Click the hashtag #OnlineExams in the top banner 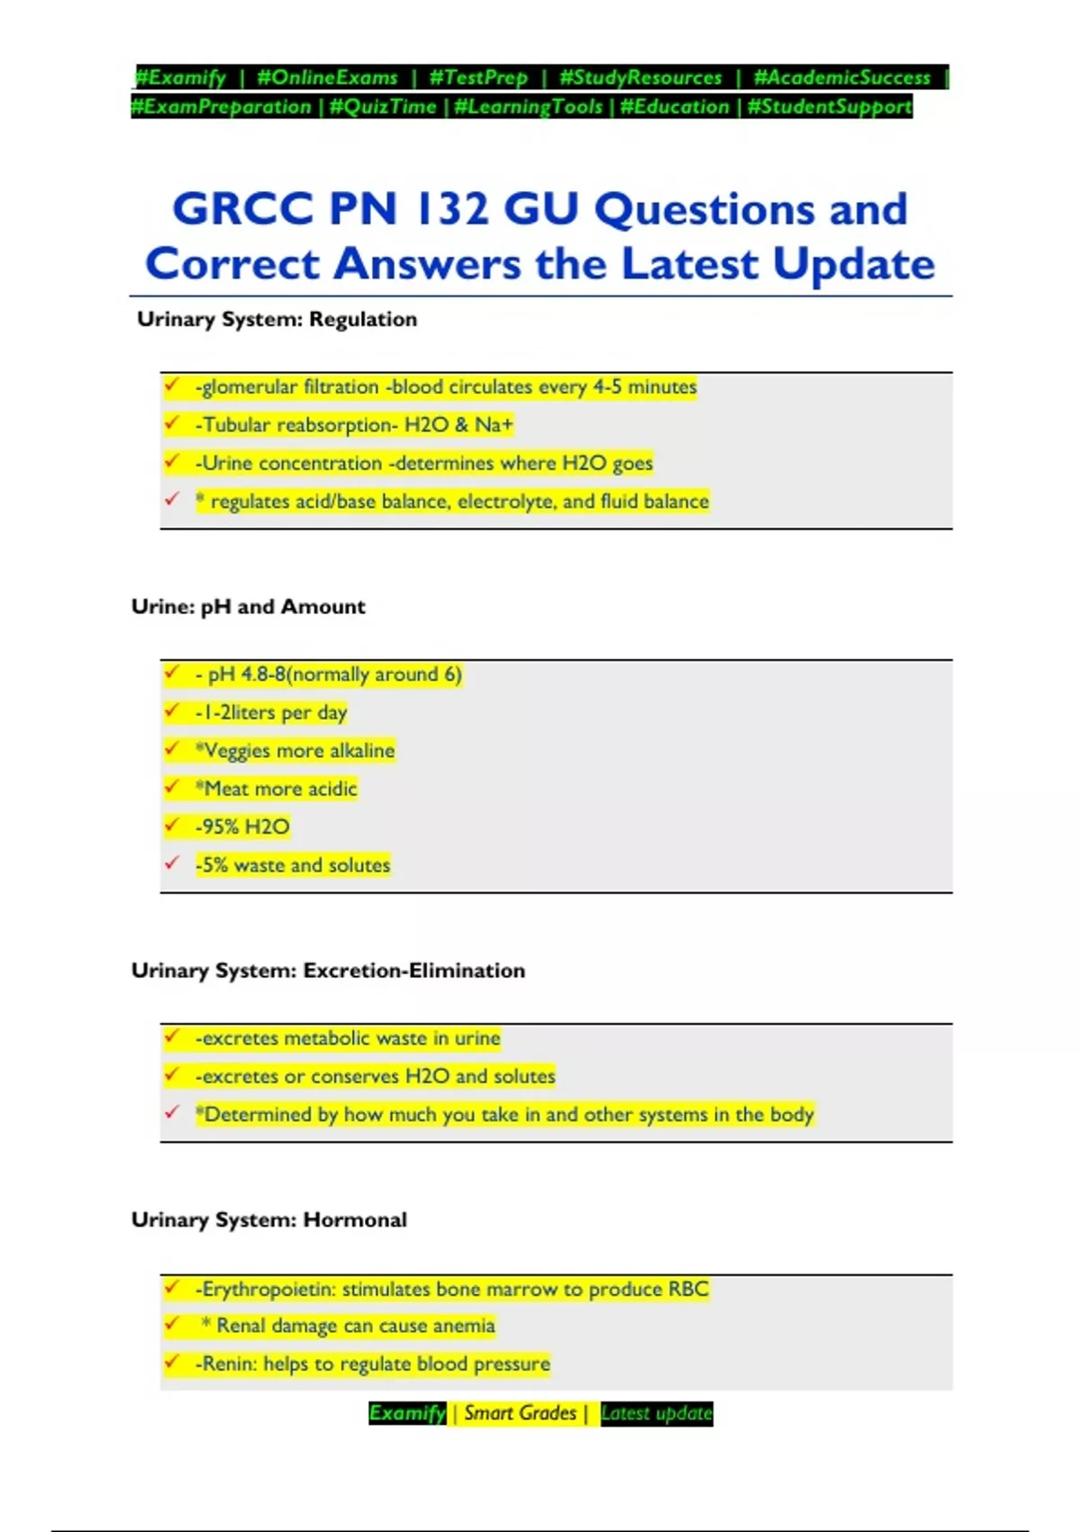pyautogui.click(x=327, y=78)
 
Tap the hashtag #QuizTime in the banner pyautogui.click(x=383, y=106)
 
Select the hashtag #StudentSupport pyautogui.click(x=830, y=106)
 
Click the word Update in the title pyautogui.click(x=853, y=264)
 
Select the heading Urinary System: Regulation pyautogui.click(x=277, y=319)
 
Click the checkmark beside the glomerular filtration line pyautogui.click(x=172, y=386)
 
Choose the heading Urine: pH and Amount pyautogui.click(x=249, y=606)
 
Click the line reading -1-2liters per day pyautogui.click(x=271, y=712)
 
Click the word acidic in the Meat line pyautogui.click(x=332, y=789)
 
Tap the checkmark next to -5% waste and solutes pyautogui.click(x=172, y=863)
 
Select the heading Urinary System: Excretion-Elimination pyautogui.click(x=328, y=971)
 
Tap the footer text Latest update pyautogui.click(x=656, y=1413)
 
